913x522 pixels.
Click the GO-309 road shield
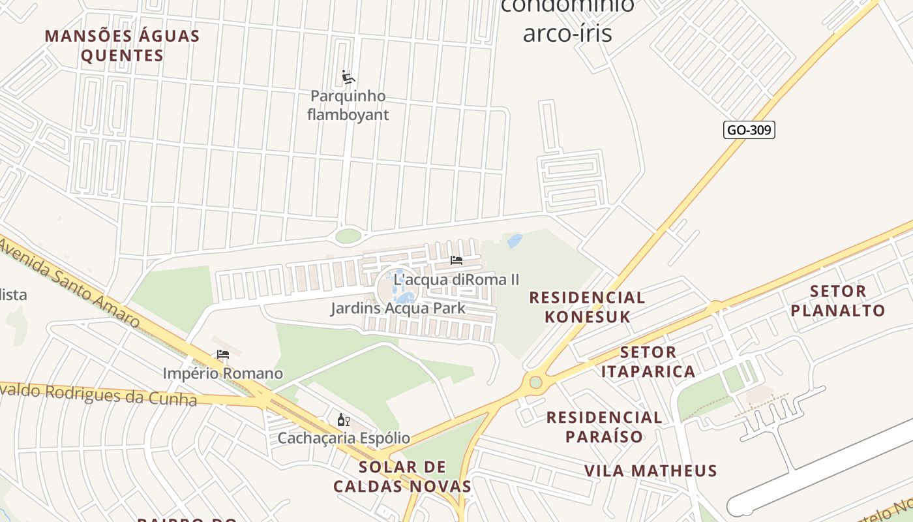pyautogui.click(x=749, y=130)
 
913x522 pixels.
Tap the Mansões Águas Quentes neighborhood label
pyautogui.click(x=122, y=46)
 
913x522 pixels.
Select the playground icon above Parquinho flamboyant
pyautogui.click(x=348, y=78)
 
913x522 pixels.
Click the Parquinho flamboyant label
pyautogui.click(x=348, y=105)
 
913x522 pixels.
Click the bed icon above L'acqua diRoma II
pyautogui.click(x=456, y=260)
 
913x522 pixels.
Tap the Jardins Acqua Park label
pyautogui.click(x=398, y=308)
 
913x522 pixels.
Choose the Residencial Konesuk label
pyautogui.click(x=587, y=307)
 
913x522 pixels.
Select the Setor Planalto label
pyautogui.click(x=838, y=301)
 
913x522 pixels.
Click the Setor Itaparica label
pyautogui.click(x=648, y=362)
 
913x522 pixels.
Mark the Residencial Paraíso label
pyautogui.click(x=604, y=427)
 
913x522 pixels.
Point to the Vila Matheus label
pyautogui.click(x=650, y=470)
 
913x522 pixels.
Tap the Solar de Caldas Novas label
pyautogui.click(x=402, y=476)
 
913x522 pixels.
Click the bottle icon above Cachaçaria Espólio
pyautogui.click(x=343, y=420)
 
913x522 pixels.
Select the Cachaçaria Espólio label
pyautogui.click(x=344, y=438)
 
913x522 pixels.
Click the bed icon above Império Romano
pyautogui.click(x=223, y=354)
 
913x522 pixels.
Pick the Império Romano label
pyautogui.click(x=223, y=373)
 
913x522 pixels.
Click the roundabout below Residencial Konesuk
pyautogui.click(x=535, y=382)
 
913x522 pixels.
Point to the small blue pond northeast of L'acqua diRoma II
pyautogui.click(x=515, y=241)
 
